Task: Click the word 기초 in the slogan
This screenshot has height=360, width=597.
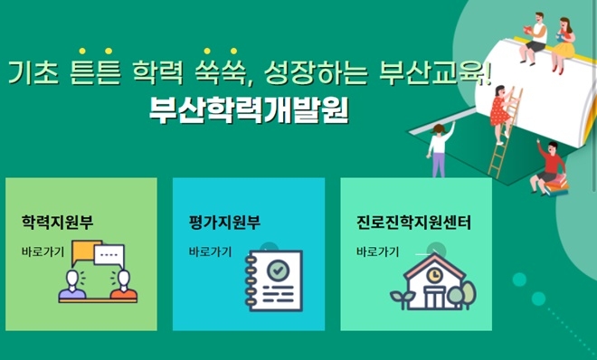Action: coord(33,73)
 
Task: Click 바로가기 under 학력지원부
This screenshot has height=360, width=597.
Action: coord(43,251)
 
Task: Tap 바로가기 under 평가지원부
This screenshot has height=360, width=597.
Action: coord(210,251)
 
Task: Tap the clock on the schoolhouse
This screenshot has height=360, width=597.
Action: coord(433,274)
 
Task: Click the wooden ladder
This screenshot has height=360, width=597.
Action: coord(504,136)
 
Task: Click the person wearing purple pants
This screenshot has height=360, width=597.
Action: coord(440,149)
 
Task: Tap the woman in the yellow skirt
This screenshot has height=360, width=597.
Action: coord(563,42)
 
